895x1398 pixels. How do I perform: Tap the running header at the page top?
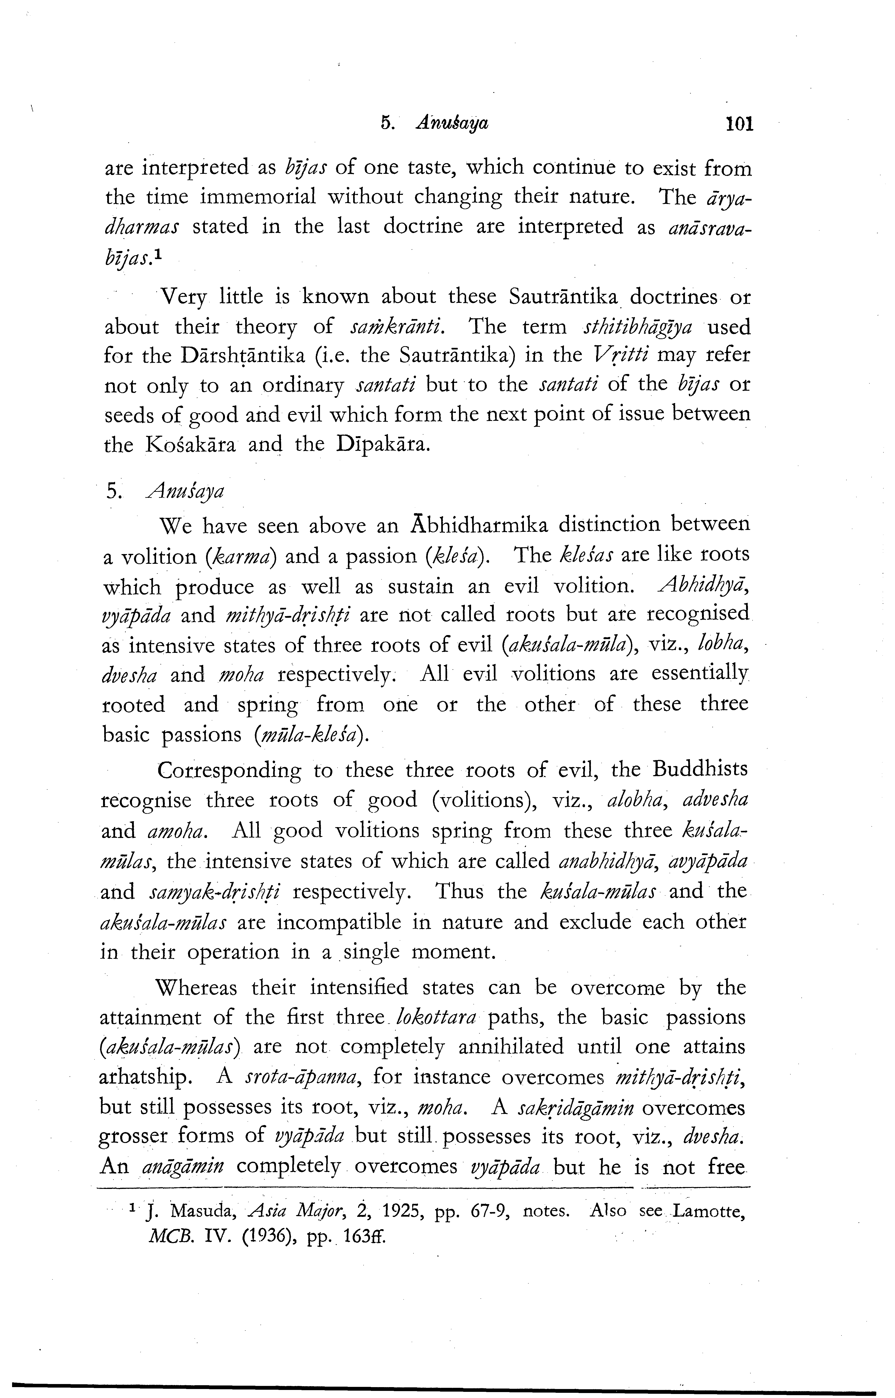click(435, 124)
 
